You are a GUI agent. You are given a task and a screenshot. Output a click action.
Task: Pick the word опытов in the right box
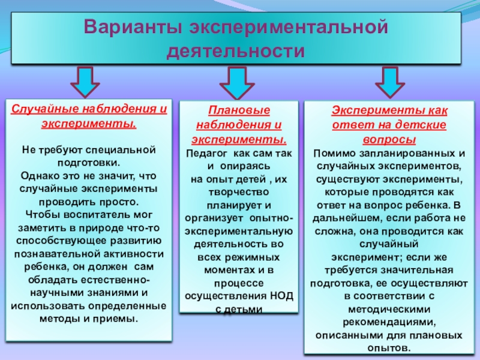[x=392, y=349]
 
